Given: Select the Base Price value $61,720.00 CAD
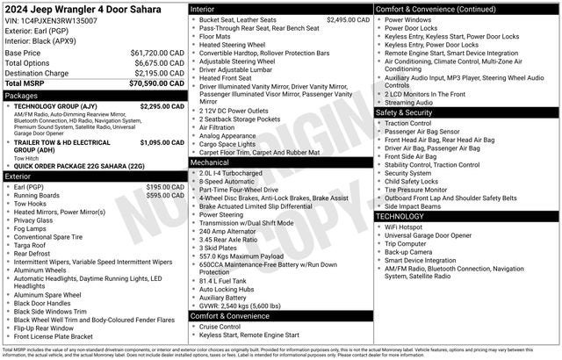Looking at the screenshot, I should point(152,54).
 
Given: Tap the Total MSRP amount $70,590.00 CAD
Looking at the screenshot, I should point(150,83).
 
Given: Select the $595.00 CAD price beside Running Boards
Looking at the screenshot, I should point(164,196).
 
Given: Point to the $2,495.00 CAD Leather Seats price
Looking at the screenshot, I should point(348,19).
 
